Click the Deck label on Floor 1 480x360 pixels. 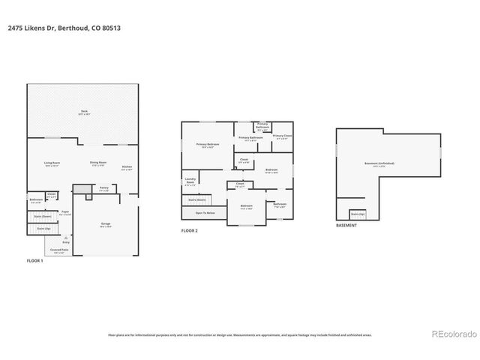tap(84, 112)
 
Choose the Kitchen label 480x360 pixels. tap(127, 168)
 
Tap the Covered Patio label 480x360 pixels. tap(58, 251)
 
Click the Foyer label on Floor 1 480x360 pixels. tap(65, 213)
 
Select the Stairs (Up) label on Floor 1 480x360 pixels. tap(43, 228)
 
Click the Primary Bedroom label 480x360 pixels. tap(208, 145)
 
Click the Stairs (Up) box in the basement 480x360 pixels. tap(358, 214)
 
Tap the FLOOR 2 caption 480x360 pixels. tap(190, 230)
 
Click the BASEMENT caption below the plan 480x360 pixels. tap(346, 225)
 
